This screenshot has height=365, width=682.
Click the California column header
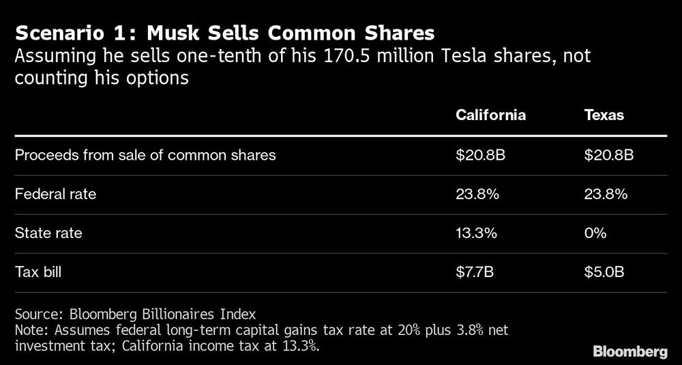point(490,115)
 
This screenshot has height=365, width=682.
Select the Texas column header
point(604,115)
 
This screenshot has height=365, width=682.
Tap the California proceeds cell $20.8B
point(480,155)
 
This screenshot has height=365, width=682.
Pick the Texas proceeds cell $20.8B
point(609,155)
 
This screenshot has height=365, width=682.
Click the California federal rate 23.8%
point(477,194)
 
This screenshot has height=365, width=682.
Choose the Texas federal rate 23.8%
point(606,194)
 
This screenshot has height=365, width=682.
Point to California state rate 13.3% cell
point(477,233)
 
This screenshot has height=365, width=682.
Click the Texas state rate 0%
point(595,233)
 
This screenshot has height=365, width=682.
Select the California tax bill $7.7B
point(475,273)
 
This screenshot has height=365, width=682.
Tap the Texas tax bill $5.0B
point(604,273)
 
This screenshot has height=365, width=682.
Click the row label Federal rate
point(55,194)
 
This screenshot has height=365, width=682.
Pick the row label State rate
point(48,233)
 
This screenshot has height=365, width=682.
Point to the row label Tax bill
point(42,273)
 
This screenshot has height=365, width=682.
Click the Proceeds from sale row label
point(145,155)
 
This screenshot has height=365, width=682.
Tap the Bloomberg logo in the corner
point(630,352)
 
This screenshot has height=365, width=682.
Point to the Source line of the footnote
point(134,315)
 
